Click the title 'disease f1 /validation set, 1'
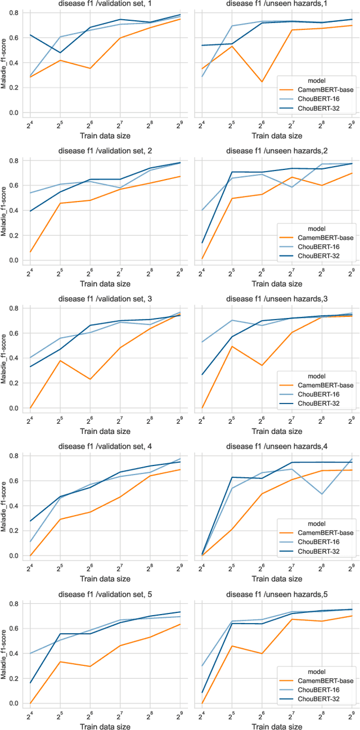click(x=105, y=4)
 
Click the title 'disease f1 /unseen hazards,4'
click(x=277, y=447)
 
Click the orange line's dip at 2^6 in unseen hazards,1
click(x=262, y=82)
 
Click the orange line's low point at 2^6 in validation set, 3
click(x=90, y=379)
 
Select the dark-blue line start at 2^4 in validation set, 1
click(x=30, y=35)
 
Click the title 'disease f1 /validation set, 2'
click(x=105, y=151)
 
